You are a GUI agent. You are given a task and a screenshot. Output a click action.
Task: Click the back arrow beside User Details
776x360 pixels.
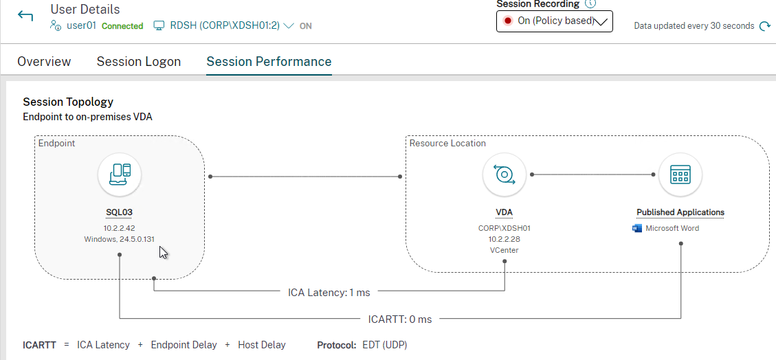(25, 16)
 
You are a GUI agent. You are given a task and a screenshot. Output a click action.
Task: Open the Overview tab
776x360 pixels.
(44, 62)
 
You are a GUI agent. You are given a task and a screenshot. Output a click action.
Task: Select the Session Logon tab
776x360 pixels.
(139, 62)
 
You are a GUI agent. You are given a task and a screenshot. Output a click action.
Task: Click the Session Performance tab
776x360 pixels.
(269, 62)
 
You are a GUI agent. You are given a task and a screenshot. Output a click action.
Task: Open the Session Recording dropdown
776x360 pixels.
(554, 21)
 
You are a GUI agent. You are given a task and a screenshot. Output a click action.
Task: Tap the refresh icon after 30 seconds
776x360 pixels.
(765, 25)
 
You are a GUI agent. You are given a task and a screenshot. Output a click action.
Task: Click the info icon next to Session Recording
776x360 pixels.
(590, 4)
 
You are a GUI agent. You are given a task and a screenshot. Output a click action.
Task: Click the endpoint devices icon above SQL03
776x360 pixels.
(120, 175)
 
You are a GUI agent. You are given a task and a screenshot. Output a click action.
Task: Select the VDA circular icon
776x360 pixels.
(505, 175)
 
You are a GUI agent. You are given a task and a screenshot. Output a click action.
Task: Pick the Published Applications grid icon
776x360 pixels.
(680, 175)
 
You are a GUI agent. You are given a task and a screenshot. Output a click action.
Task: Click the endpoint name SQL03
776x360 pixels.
(120, 213)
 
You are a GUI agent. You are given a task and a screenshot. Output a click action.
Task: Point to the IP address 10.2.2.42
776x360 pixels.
(120, 228)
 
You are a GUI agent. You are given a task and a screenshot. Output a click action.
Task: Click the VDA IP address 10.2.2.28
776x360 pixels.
(505, 239)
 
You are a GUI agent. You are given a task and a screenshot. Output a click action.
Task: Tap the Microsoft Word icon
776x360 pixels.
(637, 229)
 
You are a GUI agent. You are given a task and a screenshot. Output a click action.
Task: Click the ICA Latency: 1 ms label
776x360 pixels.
(329, 293)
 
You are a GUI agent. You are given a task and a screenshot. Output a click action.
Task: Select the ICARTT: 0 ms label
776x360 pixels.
(400, 319)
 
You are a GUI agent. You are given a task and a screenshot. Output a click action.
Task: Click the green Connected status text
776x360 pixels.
(122, 26)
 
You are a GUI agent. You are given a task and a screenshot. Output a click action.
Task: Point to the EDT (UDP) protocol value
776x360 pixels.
(384, 345)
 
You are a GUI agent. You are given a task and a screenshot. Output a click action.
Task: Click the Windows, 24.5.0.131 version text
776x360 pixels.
(120, 239)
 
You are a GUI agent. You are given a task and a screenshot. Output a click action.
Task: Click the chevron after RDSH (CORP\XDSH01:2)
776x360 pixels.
(289, 25)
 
